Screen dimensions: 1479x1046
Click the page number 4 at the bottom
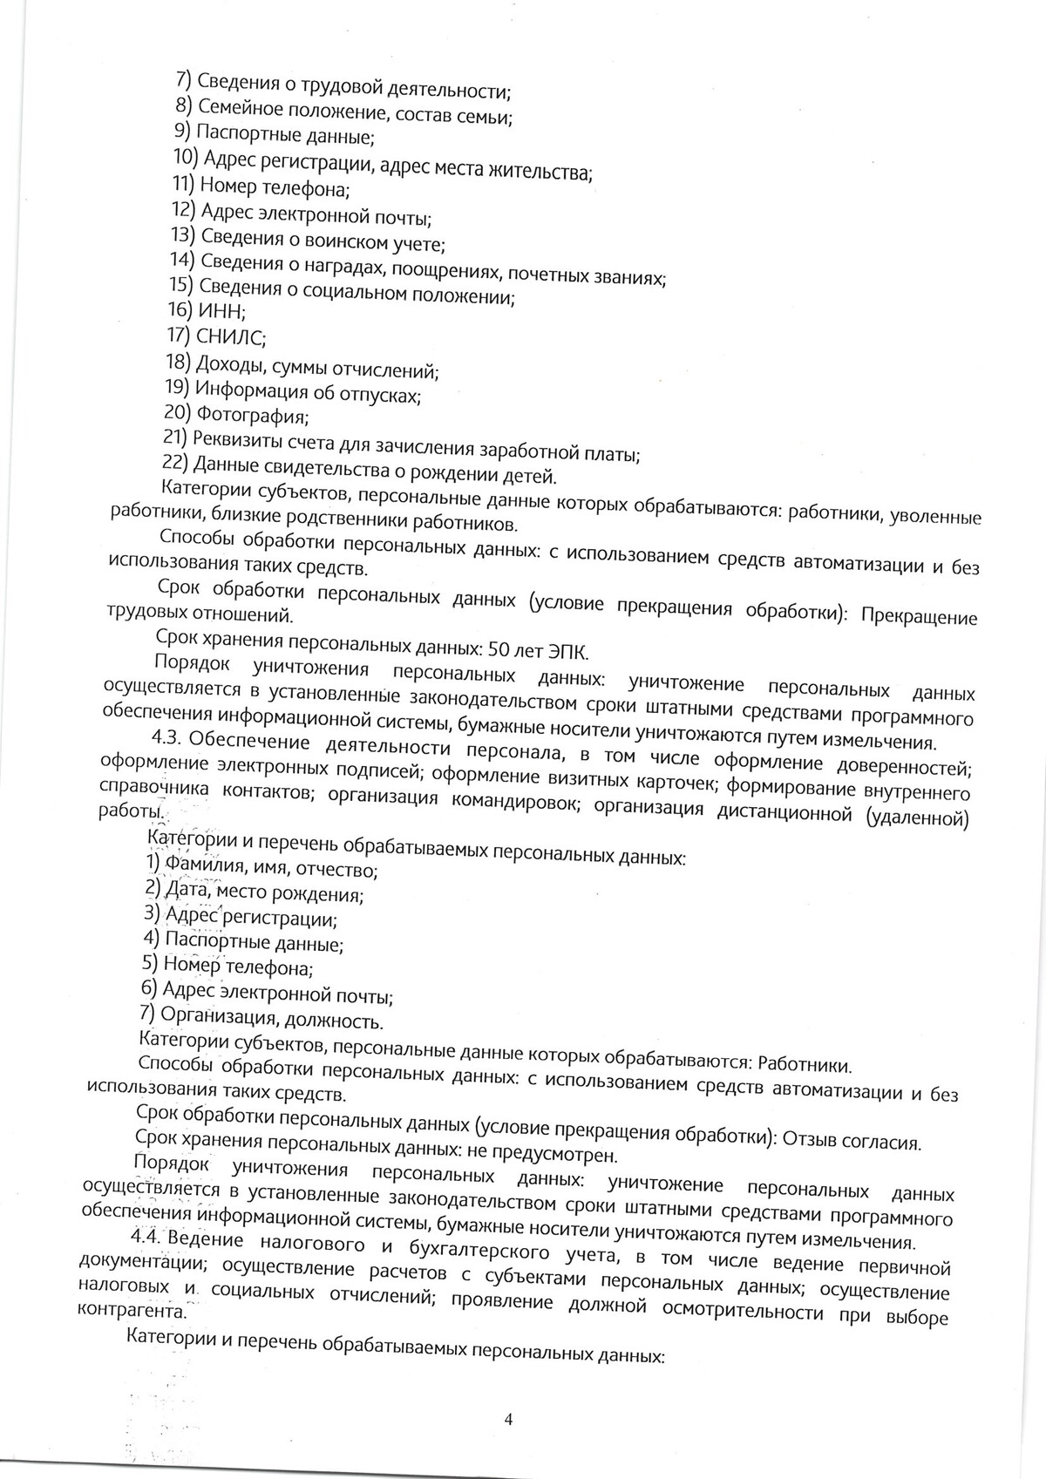point(509,1419)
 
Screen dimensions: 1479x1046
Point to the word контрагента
point(132,1310)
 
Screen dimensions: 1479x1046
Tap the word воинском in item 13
point(342,241)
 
